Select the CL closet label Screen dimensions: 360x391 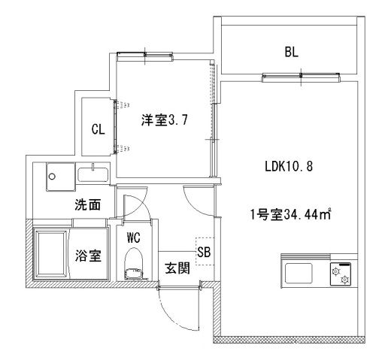pyautogui.click(x=98, y=129)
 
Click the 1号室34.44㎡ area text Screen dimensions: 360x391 pyautogui.click(x=291, y=214)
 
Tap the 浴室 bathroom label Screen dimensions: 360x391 pyautogui.click(x=89, y=255)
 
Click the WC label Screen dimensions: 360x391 pyautogui.click(x=134, y=237)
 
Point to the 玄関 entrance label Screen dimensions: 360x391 pyautogui.click(x=177, y=268)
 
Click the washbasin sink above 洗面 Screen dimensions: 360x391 pyautogui.click(x=94, y=176)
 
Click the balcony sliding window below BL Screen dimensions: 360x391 pyautogui.click(x=301, y=75)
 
